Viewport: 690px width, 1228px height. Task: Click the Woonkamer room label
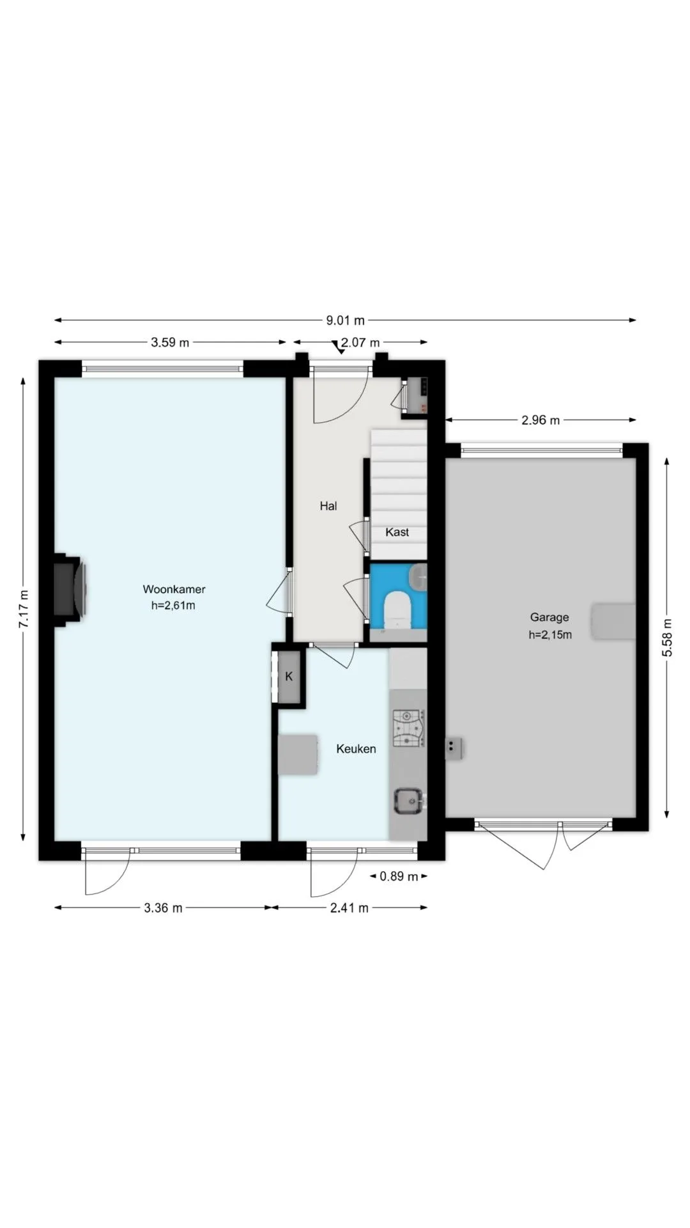pos(174,589)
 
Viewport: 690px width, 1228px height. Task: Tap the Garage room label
pos(549,617)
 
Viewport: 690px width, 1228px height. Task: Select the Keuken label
pos(356,749)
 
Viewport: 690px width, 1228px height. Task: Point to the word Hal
pos(328,506)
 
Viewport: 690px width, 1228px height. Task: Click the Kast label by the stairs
pos(397,532)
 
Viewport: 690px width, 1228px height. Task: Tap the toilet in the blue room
pos(397,610)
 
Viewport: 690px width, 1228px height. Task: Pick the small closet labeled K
pos(289,677)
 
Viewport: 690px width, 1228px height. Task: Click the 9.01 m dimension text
pos(346,320)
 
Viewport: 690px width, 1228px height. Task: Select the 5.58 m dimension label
pos(667,638)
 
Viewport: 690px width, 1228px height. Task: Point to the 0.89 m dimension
pos(399,876)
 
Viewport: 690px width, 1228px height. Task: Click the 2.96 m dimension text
pos(540,420)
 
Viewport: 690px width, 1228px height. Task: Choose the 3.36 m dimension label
pos(163,908)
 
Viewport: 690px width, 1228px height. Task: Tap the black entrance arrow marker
pos(337,347)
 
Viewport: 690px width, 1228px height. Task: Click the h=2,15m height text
pos(550,635)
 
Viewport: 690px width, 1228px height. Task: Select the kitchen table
pos(298,755)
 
